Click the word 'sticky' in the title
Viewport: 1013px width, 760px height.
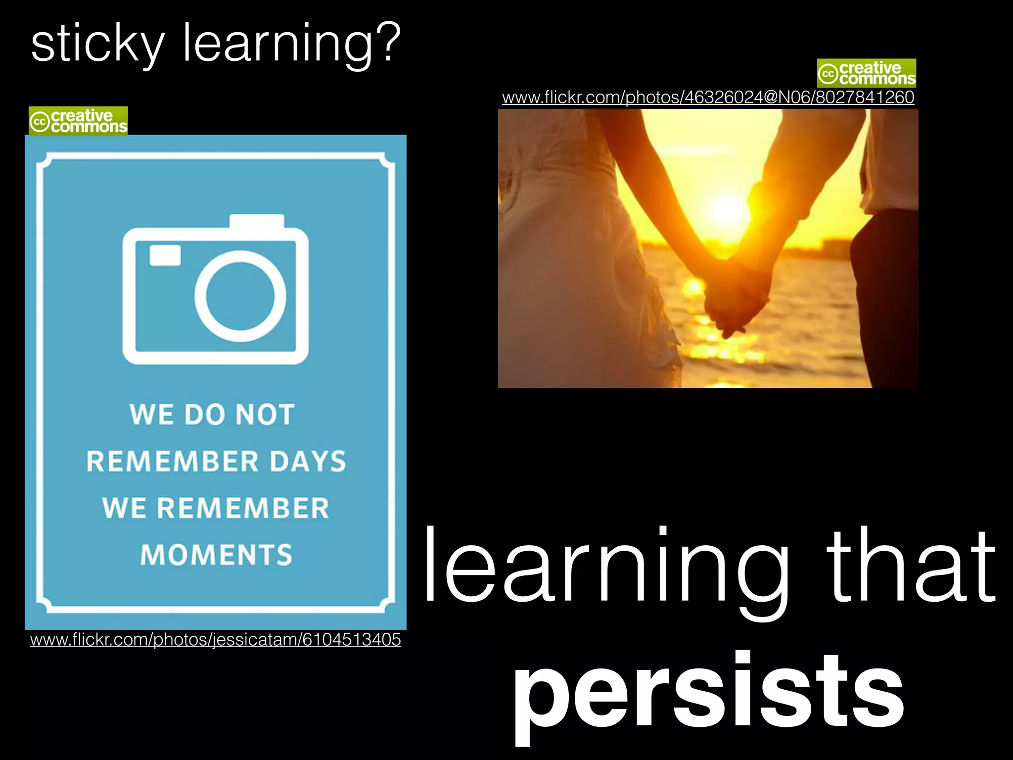tap(97, 45)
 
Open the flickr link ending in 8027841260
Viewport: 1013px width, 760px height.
tap(708, 97)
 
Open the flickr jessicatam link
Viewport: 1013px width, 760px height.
tap(215, 639)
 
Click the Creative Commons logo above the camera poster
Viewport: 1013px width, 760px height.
tap(78, 121)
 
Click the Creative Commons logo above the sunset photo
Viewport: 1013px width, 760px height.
tap(866, 73)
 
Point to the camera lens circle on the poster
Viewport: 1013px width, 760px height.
tap(240, 296)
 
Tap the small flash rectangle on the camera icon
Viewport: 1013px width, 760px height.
tap(165, 255)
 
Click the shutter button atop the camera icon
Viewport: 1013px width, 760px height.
tap(257, 221)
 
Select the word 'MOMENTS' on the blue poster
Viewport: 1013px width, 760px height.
tap(216, 555)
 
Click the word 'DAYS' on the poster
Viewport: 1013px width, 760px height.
tap(308, 461)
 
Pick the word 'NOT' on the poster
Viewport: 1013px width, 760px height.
tap(265, 414)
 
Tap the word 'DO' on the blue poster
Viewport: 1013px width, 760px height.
tap(205, 414)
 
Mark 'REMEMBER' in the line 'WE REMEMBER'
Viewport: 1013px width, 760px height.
tap(243, 508)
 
